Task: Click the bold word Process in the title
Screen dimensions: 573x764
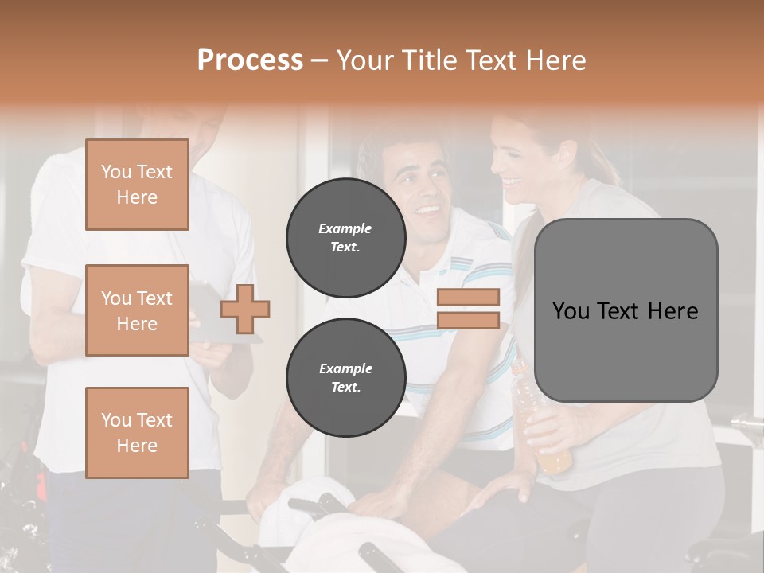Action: point(250,60)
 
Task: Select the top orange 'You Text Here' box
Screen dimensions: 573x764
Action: point(137,185)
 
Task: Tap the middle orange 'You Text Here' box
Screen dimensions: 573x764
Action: point(137,310)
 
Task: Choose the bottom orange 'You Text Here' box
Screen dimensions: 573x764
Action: point(137,433)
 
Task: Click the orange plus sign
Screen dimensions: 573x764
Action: point(245,309)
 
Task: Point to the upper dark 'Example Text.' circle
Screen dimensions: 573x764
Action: point(345,238)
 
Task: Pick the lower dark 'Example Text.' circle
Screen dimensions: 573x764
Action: point(345,377)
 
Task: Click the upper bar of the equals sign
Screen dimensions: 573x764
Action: point(468,297)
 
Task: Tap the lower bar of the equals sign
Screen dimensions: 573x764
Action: point(468,320)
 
